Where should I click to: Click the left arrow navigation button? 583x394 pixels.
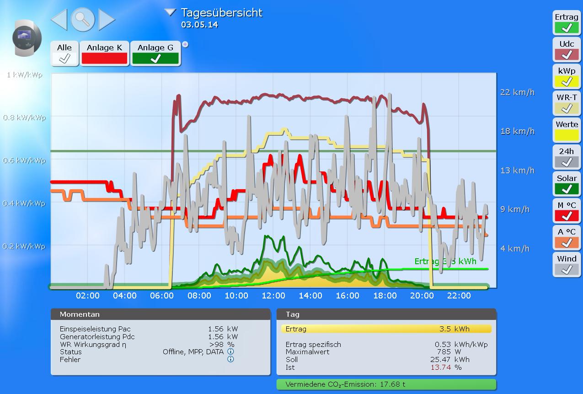tap(59, 20)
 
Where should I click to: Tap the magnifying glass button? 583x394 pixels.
tap(83, 20)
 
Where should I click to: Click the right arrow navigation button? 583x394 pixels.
tap(107, 20)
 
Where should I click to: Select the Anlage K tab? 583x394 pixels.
tap(104, 53)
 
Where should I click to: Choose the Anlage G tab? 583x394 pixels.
tap(155, 53)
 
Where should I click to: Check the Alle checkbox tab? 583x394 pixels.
tap(64, 53)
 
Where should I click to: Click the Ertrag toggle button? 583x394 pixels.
tap(567, 23)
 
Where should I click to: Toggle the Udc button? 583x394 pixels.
tap(567, 49)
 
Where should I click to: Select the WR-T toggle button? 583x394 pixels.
tap(567, 103)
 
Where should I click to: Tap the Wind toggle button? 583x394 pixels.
tap(567, 264)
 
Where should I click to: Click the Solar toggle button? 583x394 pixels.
tap(567, 183)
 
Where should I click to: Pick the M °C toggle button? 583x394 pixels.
tap(567, 210)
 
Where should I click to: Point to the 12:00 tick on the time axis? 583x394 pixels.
tap(273, 296)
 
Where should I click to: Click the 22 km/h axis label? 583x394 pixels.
tap(517, 92)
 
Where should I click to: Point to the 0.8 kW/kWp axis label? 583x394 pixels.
tap(25, 117)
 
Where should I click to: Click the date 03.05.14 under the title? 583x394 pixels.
tap(199, 25)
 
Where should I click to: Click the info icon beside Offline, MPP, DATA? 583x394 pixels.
tap(230, 352)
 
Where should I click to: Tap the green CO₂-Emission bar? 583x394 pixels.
tap(386, 384)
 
